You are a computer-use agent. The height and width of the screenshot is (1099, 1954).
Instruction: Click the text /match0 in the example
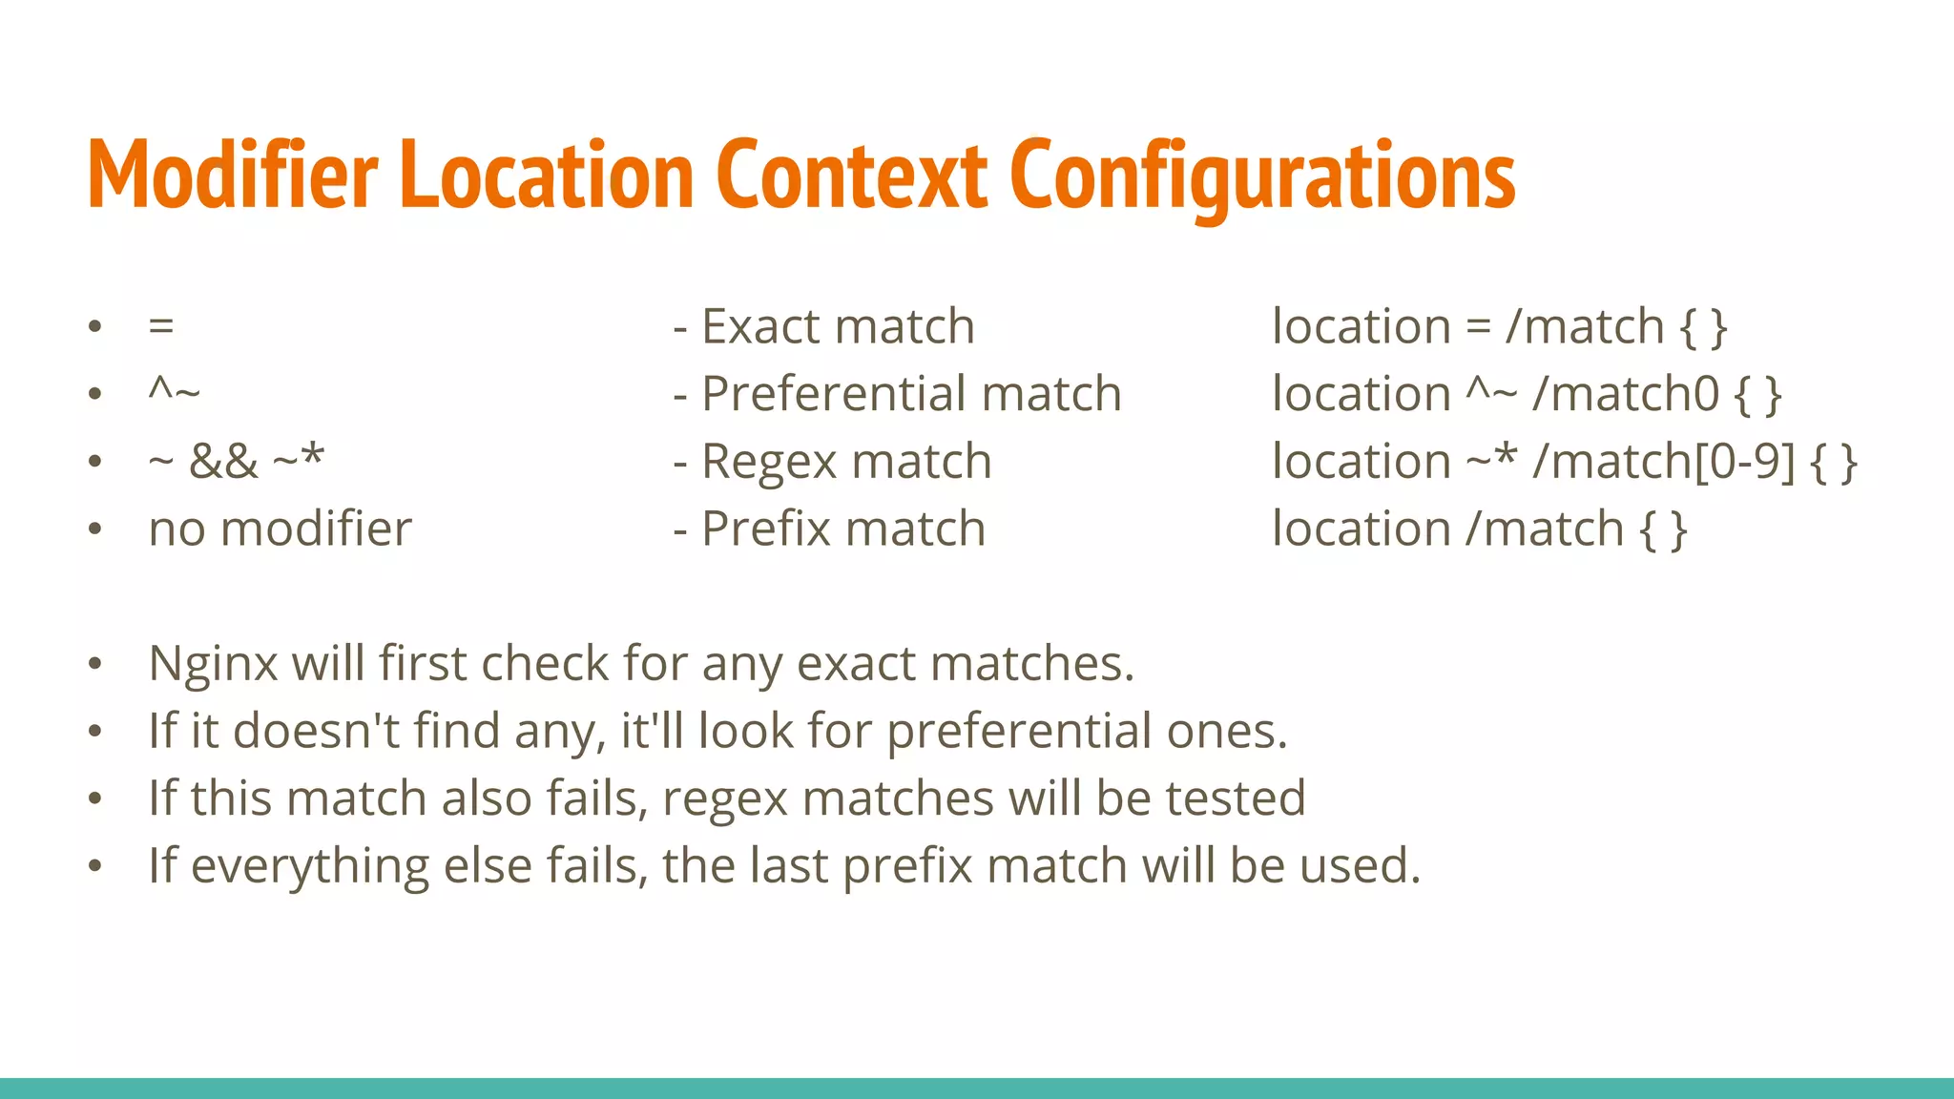(x=1626, y=394)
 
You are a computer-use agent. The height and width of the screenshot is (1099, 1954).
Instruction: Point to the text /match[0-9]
(x=1664, y=462)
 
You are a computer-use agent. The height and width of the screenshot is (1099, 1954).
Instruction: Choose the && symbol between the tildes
(x=223, y=462)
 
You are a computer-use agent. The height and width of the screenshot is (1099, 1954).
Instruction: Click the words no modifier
(x=281, y=529)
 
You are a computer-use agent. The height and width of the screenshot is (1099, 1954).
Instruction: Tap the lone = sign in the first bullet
(x=161, y=327)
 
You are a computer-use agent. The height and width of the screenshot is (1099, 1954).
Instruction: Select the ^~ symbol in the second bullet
(x=175, y=391)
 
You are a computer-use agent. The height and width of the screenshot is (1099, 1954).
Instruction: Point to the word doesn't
(x=317, y=731)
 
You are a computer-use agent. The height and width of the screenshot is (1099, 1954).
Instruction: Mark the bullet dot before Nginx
(x=94, y=664)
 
